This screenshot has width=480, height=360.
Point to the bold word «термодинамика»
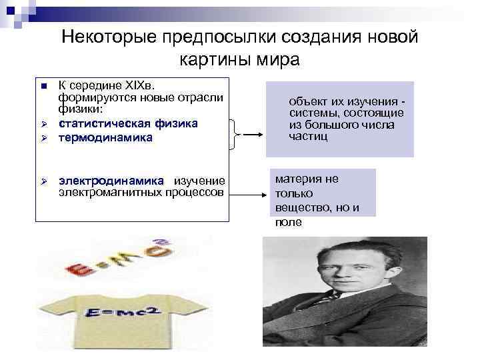pyautogui.click(x=105, y=137)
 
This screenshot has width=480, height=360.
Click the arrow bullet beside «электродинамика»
pyautogui.click(x=42, y=181)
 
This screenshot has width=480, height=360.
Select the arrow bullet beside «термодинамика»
pyautogui.click(x=42, y=138)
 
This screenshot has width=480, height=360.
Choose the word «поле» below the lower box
pyautogui.click(x=288, y=222)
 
